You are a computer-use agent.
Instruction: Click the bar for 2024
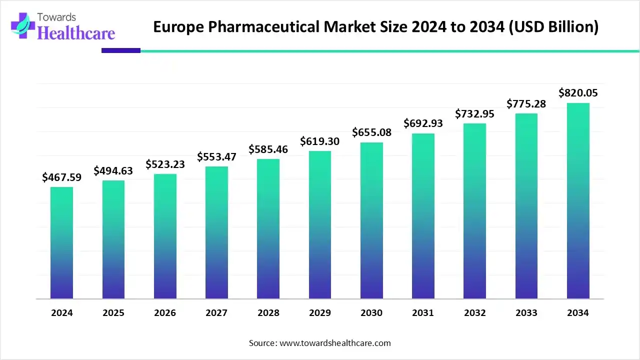61,243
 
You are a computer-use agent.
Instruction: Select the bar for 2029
319,225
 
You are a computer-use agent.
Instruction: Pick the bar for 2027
216,232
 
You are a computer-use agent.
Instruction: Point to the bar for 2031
423,216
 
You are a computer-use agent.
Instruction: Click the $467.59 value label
61,177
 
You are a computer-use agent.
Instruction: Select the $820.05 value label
578,92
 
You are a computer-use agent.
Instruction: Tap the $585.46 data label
268,149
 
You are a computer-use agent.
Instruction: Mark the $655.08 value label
371,132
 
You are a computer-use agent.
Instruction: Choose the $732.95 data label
474,114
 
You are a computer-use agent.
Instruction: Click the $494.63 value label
113,170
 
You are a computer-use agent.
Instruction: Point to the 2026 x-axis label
164,313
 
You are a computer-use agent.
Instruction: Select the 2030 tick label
371,313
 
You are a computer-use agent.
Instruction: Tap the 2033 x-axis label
526,313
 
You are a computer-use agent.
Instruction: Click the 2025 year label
113,313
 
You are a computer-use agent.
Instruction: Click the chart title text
375,26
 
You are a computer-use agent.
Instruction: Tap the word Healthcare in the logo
76,33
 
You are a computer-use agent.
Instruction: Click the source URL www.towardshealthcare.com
334,343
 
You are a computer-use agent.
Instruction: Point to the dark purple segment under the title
121,50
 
